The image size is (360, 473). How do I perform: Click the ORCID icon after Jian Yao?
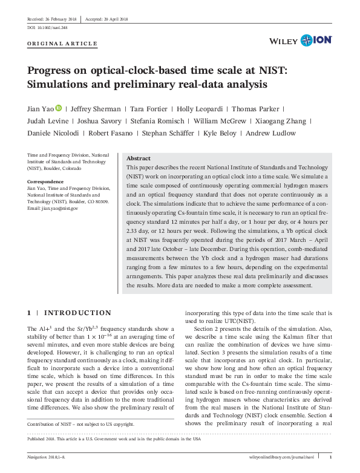59,109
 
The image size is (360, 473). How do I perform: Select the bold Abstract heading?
139,157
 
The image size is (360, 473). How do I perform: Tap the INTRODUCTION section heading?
78,313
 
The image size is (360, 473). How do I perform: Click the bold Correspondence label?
46,181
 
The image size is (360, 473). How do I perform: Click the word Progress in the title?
52,70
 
